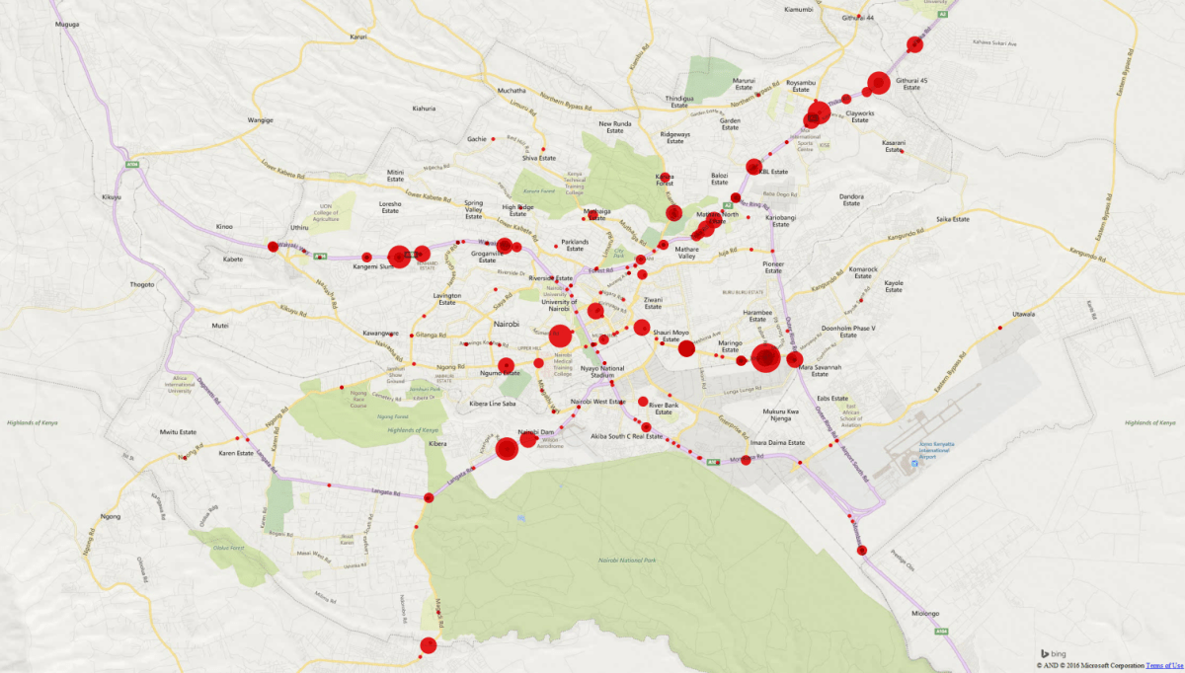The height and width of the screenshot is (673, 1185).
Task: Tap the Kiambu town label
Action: click(x=797, y=9)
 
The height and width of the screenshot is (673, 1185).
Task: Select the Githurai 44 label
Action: click(x=858, y=18)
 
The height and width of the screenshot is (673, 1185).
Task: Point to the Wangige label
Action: click(x=260, y=120)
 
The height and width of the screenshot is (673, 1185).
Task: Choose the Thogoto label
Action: click(x=142, y=284)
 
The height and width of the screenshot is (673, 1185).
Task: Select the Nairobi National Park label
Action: click(x=626, y=560)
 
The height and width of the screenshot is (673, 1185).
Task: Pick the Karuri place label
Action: click(x=357, y=37)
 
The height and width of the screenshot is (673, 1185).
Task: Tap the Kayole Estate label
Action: click(x=894, y=286)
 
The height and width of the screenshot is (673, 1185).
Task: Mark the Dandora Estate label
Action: click(x=851, y=200)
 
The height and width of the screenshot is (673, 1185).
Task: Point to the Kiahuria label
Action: click(x=424, y=108)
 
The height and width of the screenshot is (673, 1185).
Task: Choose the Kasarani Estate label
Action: click(x=894, y=145)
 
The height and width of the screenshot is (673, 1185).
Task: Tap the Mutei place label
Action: click(x=219, y=325)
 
